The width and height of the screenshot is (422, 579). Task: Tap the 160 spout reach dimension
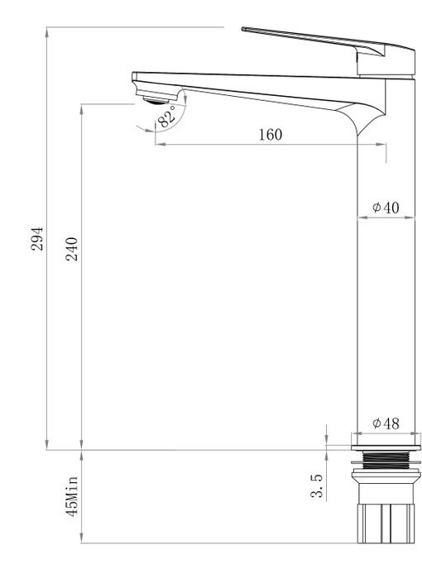point(270,135)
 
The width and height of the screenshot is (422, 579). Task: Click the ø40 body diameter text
point(386,208)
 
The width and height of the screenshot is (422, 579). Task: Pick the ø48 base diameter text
point(386,423)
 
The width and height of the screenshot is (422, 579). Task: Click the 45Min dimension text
point(72,496)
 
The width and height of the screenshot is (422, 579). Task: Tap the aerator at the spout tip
point(152,100)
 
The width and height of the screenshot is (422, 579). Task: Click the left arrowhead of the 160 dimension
point(158,144)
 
